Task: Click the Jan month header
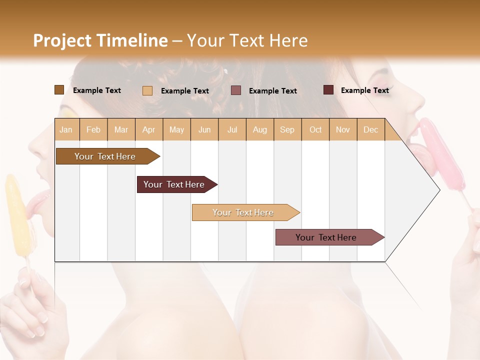(x=66, y=129)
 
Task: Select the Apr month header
(x=148, y=129)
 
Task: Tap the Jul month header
(x=232, y=129)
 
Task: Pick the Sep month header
(x=287, y=129)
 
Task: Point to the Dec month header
(x=370, y=129)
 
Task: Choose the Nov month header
(x=342, y=129)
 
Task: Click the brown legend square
(x=59, y=90)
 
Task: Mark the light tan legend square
(x=147, y=90)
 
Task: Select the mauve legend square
(x=236, y=90)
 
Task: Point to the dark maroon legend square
(x=328, y=90)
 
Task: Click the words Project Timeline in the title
(x=100, y=40)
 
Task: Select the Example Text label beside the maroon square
(x=364, y=90)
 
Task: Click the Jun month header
(x=204, y=129)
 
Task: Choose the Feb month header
(x=93, y=129)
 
